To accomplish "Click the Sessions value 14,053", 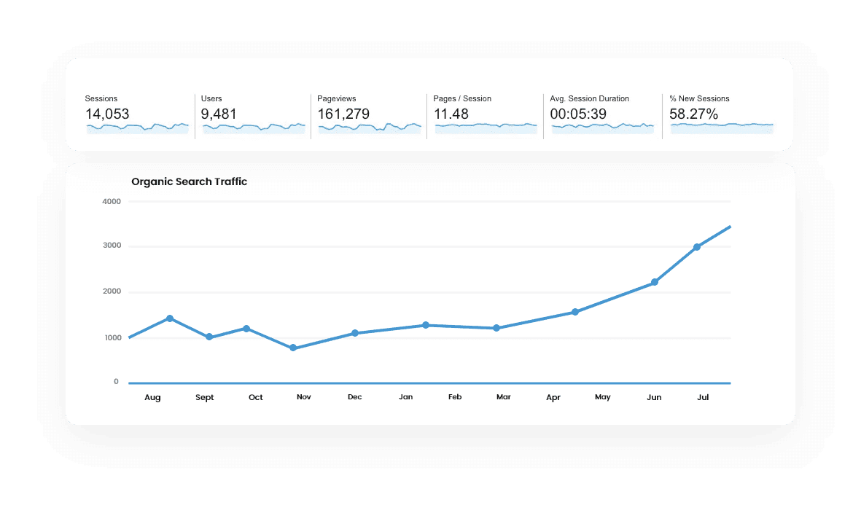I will [x=107, y=114].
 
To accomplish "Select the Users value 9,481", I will [x=219, y=114].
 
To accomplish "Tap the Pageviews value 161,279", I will [x=343, y=114].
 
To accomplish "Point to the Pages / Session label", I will [x=462, y=98].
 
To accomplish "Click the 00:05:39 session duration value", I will [x=578, y=114].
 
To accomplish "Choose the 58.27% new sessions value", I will [x=693, y=114].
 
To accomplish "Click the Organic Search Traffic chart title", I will [x=189, y=181].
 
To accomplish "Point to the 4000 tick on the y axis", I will [x=111, y=201].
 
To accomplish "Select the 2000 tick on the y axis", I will [x=111, y=292].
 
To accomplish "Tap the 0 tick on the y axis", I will [x=116, y=382].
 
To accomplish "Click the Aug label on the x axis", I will [x=152, y=397].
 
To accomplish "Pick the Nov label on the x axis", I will [x=304, y=397].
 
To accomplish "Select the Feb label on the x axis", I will [x=455, y=397].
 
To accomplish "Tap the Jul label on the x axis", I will [x=703, y=397].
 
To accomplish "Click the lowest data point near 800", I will [x=293, y=348].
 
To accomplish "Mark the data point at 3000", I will [x=697, y=247].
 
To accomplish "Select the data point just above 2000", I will [x=655, y=282].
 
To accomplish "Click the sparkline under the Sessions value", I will [x=137, y=128].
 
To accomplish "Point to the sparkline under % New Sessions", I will [x=721, y=126].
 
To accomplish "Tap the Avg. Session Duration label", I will [x=589, y=98].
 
